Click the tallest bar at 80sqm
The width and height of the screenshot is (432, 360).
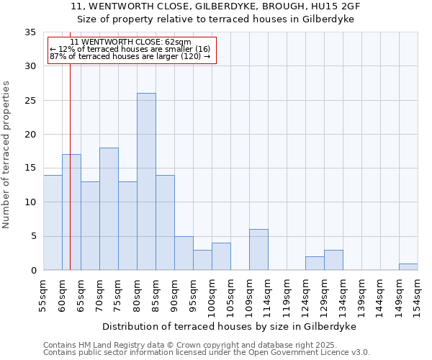(x=146, y=181)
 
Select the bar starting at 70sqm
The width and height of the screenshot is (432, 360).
(x=109, y=209)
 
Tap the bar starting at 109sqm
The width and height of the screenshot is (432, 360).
(x=258, y=250)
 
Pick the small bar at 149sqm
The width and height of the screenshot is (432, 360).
(x=408, y=267)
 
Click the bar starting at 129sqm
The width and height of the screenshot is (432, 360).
(x=333, y=260)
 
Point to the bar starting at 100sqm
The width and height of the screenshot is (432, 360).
(x=221, y=257)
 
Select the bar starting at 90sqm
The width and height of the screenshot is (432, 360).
(x=184, y=253)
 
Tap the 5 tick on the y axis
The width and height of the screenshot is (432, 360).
(x=33, y=237)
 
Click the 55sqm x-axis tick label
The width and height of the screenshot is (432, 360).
(x=44, y=294)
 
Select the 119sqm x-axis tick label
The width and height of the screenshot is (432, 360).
(x=287, y=296)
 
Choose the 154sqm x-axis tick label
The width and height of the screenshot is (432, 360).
(x=418, y=296)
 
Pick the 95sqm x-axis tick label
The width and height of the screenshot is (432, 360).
(x=194, y=294)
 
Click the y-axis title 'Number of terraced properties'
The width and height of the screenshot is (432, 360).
(x=6, y=155)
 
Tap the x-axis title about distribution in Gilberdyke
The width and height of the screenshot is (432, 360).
(x=230, y=326)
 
